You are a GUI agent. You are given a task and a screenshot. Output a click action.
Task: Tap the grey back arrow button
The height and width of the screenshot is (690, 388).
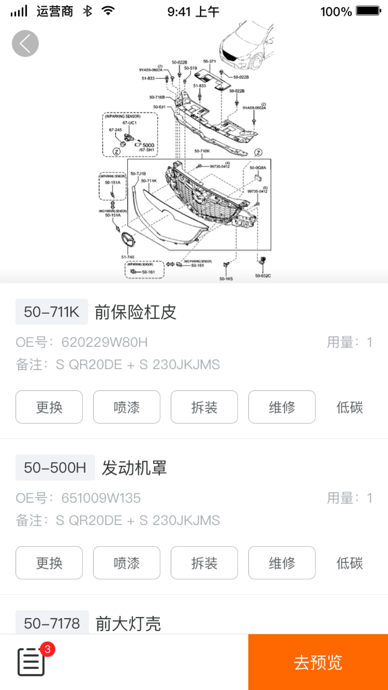coord(25,43)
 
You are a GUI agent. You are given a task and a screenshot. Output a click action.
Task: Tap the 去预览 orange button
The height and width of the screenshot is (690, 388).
coord(318,662)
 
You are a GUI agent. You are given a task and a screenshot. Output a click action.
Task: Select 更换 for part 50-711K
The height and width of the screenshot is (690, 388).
coord(49,407)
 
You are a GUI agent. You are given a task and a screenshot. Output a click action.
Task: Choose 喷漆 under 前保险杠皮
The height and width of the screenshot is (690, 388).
coord(126,407)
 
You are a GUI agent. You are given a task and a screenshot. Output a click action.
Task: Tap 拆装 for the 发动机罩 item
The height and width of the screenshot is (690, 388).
coord(204,563)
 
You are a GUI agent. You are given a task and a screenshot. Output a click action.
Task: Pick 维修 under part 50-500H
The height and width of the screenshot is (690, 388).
coord(282,563)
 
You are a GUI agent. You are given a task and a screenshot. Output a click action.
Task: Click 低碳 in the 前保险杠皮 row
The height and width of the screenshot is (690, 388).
coord(349,407)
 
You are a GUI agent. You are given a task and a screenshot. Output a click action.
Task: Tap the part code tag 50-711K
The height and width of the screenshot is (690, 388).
coord(51,312)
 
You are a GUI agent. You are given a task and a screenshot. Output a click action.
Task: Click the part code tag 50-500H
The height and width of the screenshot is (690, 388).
coord(55,468)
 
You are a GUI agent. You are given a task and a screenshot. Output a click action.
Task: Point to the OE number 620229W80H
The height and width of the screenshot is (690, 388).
coord(104,342)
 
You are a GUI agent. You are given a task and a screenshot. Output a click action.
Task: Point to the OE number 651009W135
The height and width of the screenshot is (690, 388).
coord(101,498)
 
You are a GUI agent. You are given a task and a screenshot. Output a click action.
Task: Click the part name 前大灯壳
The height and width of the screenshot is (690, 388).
coord(128,624)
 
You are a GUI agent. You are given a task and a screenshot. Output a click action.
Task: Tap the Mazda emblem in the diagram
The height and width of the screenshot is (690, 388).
coord(128,239)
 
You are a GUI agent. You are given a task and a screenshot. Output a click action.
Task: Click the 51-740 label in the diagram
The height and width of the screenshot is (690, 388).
coord(128,257)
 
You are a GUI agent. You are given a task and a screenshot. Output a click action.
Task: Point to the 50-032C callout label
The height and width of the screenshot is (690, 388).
coord(263,276)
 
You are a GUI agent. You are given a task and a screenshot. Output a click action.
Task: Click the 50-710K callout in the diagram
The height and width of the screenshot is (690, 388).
coord(202,151)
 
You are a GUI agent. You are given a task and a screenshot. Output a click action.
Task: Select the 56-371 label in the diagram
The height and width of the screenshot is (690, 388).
coord(209,61)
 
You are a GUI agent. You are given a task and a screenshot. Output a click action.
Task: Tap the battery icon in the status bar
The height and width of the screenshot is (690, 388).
coord(368,11)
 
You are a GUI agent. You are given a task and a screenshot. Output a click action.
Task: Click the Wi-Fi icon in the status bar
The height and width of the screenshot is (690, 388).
coord(108,11)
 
